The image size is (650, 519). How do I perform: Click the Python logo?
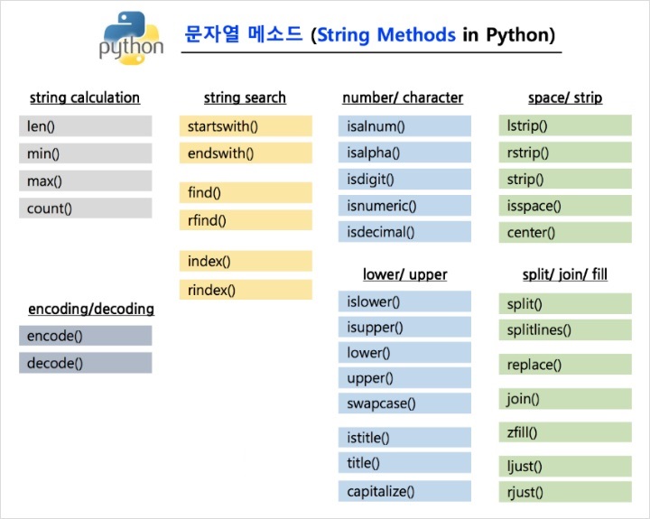pos(132,37)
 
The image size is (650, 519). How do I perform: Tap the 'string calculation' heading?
pos(85,97)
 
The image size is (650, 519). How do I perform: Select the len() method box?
pos(85,126)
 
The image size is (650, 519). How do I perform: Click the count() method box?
pos(85,209)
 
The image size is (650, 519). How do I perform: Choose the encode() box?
pos(85,336)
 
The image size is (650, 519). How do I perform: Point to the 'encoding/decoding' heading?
pos(91,309)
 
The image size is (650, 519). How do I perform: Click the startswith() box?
pos(245,126)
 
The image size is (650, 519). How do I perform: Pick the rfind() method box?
pos(245,220)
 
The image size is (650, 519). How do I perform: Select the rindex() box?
pos(245,290)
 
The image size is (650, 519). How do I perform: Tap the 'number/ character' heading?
pos(403,97)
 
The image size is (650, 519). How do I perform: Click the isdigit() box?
pos(404,179)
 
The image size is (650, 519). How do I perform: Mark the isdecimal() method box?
pos(404,232)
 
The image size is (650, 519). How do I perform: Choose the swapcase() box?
pos(404,403)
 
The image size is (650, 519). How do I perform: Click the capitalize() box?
pos(404,492)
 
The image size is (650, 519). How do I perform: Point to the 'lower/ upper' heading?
pos(404,274)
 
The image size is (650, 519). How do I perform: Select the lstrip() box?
pos(564,126)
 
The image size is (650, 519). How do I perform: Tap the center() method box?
pos(564,233)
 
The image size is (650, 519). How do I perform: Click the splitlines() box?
pos(564,330)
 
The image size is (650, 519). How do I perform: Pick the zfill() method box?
pos(564,432)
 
